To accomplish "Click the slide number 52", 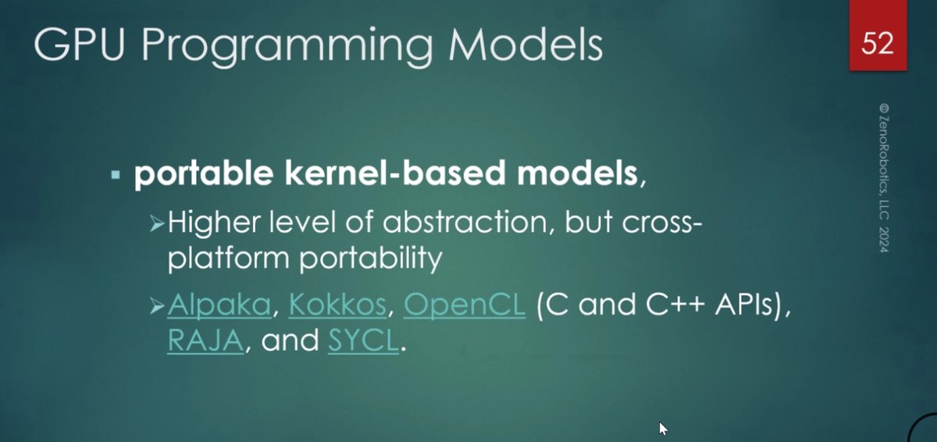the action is tap(878, 43).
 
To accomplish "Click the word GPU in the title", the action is tap(79, 45).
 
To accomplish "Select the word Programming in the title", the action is tap(287, 47).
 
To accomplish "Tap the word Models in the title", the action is tap(526, 45).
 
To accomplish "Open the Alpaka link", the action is tap(219, 305).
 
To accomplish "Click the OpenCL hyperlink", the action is tap(465, 305).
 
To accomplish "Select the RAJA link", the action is tap(205, 340).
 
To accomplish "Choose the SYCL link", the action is tap(364, 340).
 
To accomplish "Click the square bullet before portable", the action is tap(116, 174).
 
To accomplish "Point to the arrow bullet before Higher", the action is tap(157, 225).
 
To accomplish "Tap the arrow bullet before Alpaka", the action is tap(157, 308).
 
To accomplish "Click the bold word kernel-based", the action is tap(395, 173).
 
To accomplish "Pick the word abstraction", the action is tap(465, 222).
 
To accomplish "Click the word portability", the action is tap(371, 258).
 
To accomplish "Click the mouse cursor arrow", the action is tap(663, 429).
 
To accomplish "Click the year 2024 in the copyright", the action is tap(883, 240).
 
